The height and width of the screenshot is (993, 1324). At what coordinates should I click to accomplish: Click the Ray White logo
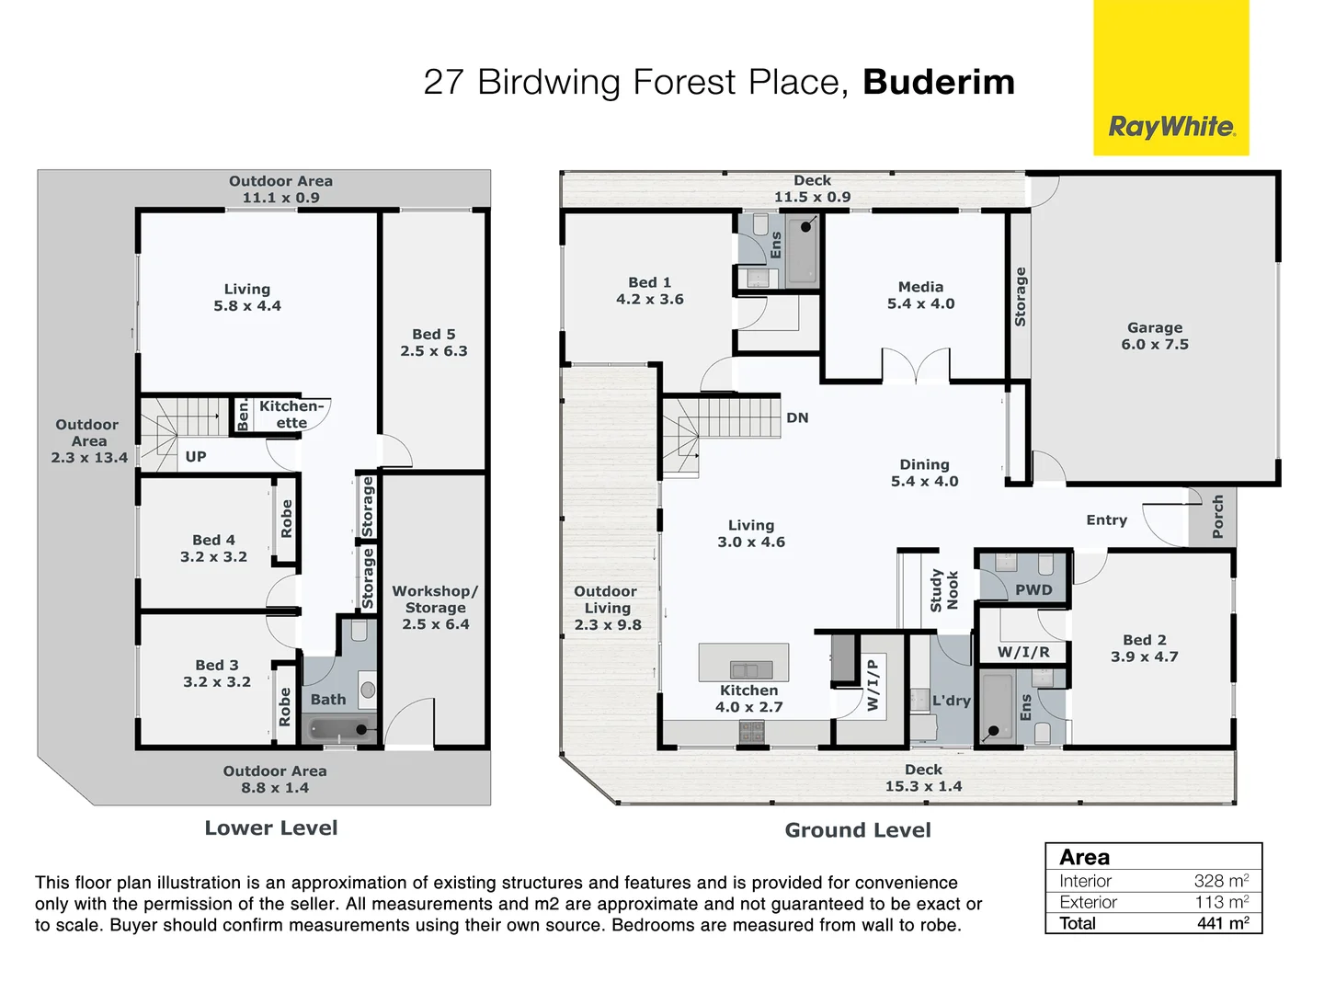1170,126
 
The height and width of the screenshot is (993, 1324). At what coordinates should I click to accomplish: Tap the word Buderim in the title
939,82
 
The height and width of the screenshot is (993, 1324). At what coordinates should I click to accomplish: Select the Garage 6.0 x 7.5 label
1155,336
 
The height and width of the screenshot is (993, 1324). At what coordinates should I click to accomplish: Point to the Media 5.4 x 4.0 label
920,295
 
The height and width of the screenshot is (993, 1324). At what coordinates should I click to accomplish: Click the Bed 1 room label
649,291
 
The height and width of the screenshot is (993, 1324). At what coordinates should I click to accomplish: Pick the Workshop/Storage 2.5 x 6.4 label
435,607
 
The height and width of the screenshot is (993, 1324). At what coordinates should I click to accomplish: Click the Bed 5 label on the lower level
433,342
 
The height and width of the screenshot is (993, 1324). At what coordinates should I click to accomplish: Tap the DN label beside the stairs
797,417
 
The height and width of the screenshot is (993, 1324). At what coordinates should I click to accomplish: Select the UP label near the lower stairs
196,456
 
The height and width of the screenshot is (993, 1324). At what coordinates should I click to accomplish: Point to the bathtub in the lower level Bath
339,730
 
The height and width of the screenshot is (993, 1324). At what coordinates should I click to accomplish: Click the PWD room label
1033,589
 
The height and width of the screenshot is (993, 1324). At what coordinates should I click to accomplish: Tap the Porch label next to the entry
1217,517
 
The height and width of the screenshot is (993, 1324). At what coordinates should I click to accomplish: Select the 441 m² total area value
1222,923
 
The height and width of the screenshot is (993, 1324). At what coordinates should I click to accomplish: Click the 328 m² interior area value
1220,880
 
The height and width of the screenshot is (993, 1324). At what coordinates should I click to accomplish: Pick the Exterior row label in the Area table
1088,902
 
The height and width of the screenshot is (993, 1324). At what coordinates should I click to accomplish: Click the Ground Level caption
857,830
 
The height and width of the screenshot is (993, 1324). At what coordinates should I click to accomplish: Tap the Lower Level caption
271,827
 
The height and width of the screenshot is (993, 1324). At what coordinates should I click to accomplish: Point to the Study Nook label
943,590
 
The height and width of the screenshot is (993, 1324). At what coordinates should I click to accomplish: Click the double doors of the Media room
915,365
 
